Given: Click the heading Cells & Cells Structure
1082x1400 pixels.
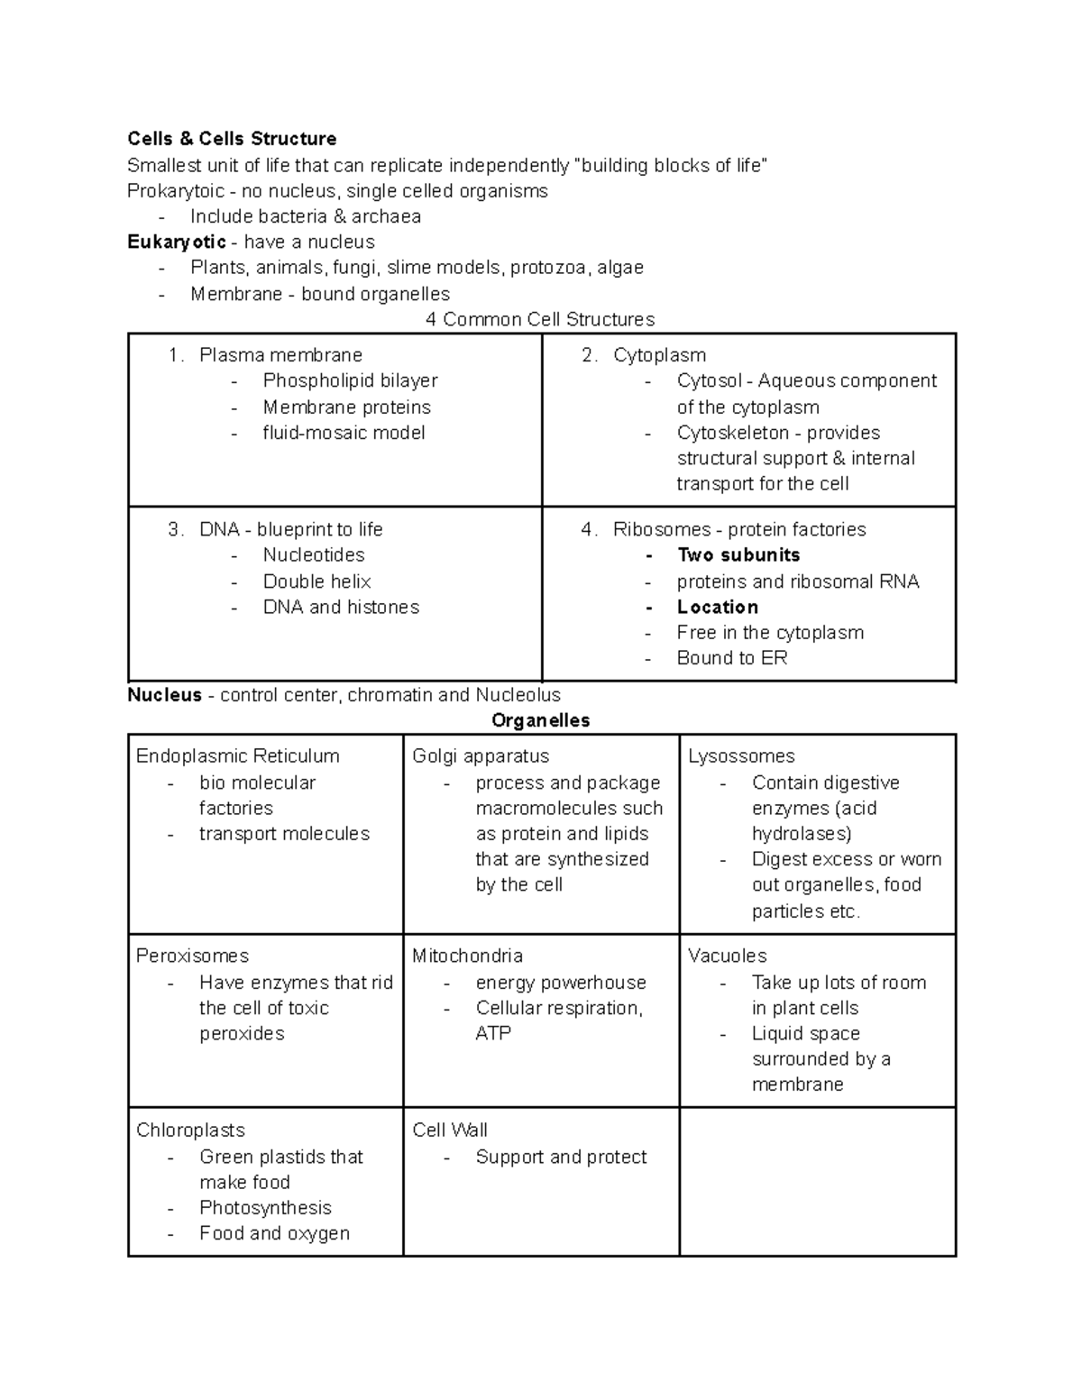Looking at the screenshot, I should pyautogui.click(x=232, y=139).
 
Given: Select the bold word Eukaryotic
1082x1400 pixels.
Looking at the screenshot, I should pyautogui.click(x=177, y=242).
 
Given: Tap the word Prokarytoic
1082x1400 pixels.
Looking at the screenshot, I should pyautogui.click(x=175, y=191).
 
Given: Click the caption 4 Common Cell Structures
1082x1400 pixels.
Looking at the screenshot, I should pyautogui.click(x=540, y=319).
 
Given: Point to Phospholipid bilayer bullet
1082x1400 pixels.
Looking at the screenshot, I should pyautogui.click(x=350, y=380).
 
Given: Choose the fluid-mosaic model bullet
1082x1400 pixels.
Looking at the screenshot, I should pyautogui.click(x=344, y=433).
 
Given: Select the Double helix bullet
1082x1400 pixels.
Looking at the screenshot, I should pyautogui.click(x=316, y=581).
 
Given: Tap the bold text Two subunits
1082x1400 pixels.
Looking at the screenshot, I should pyautogui.click(x=738, y=555).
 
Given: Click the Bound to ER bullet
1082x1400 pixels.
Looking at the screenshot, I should pyautogui.click(x=732, y=658).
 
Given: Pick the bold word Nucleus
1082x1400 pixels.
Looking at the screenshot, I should pyautogui.click(x=164, y=695).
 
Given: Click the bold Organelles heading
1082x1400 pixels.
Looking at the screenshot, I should pyautogui.click(x=540, y=720).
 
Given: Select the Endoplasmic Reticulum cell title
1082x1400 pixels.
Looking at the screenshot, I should pyautogui.click(x=237, y=756).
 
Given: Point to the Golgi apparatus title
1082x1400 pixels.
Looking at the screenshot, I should pyautogui.click(x=481, y=756).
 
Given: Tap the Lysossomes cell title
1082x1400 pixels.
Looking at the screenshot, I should pyautogui.click(x=741, y=756).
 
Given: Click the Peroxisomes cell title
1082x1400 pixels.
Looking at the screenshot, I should pyautogui.click(x=192, y=956).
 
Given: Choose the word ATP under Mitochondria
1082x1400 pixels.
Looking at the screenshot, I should pyautogui.click(x=493, y=1033).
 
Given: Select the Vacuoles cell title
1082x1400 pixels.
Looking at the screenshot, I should pyautogui.click(x=727, y=956).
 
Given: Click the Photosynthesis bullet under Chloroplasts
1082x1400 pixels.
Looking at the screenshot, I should pyautogui.click(x=265, y=1208).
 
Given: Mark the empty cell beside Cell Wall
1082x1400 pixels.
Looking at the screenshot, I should pyautogui.click(x=817, y=1181).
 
